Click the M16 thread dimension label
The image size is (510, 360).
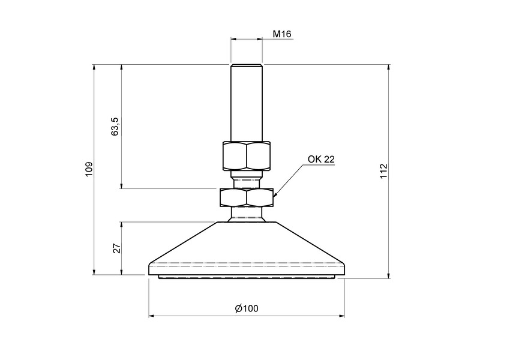coord(281,34)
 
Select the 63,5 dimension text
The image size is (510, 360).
coord(116,127)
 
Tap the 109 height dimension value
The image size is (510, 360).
coord(89,169)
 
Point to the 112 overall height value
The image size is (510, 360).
coord(384,171)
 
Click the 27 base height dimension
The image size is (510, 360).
coord(117,248)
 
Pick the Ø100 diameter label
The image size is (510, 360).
coord(247,308)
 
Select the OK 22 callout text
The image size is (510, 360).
coord(321,159)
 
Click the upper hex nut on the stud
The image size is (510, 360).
coord(247,156)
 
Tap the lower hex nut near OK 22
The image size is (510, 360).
coord(247,197)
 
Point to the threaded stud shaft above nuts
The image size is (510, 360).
coord(247,102)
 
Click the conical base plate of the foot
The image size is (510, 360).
coord(247,246)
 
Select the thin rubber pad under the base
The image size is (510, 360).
coord(247,277)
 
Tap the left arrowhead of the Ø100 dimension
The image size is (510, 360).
coord(151,316)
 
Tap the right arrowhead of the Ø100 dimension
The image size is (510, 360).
coord(342,316)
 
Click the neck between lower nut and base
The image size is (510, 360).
coord(247,214)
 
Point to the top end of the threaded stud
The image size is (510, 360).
coord(247,65)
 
